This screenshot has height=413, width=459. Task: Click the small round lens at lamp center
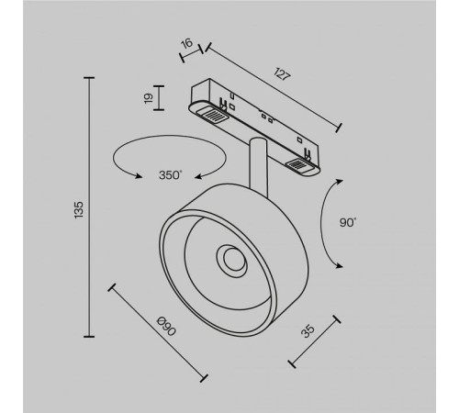coord(229,260)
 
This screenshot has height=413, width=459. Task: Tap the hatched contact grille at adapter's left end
coord(212,116)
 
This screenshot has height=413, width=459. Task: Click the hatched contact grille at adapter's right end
coord(299,164)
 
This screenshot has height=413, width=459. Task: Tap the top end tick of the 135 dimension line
coord(90,80)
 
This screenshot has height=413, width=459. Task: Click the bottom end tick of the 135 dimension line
coord(90,336)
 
